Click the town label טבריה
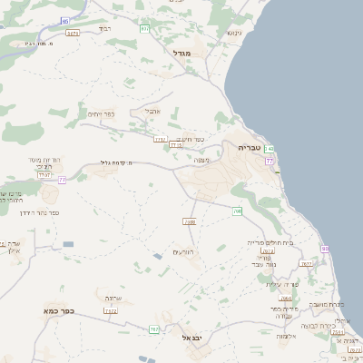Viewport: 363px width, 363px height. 249,146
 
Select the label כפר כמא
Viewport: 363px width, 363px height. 55,310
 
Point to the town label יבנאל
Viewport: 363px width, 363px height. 192,337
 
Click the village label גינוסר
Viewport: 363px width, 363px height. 232,33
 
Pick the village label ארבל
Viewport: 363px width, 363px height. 151,112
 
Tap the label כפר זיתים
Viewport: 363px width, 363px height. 101,114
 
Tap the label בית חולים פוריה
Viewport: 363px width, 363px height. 270,242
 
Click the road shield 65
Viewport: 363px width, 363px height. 64,19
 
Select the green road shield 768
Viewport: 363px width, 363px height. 238,211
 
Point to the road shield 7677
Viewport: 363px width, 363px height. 305,263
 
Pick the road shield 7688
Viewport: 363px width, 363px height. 190,221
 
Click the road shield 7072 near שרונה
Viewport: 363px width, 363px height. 111,311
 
